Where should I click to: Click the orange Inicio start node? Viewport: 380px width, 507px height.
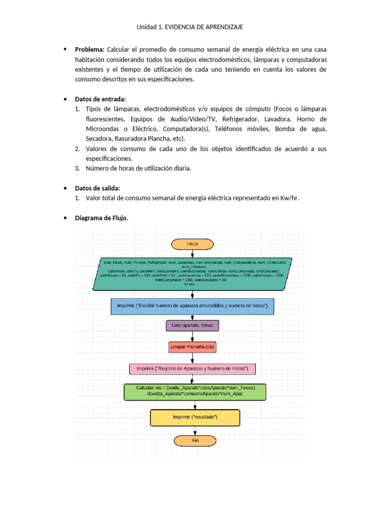click(x=192, y=244)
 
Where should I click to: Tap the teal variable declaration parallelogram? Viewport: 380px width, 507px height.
click(x=192, y=273)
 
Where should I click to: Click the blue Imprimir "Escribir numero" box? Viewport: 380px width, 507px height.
click(x=192, y=306)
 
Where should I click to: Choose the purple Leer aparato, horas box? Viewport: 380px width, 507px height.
click(x=192, y=326)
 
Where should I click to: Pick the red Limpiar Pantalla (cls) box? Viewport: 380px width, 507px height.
click(x=192, y=347)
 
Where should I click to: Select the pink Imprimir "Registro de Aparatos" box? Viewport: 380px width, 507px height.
click(x=192, y=369)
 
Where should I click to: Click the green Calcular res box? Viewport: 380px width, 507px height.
click(x=195, y=391)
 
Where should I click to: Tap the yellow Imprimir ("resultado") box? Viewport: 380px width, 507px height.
click(x=195, y=417)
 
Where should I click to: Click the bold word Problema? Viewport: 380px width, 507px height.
click(x=89, y=50)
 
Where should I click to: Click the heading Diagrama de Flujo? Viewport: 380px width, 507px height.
click(x=101, y=218)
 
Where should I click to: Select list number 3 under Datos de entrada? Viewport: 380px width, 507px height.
click(x=78, y=168)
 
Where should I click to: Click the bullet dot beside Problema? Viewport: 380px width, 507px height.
click(x=65, y=50)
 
